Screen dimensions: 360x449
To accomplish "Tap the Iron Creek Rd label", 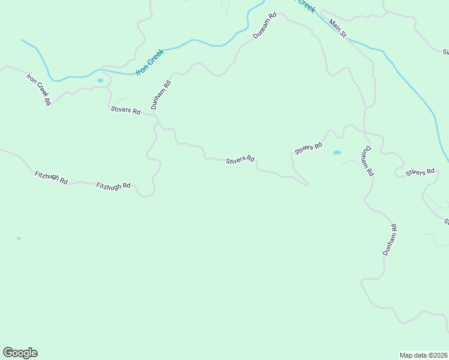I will (x=38, y=89).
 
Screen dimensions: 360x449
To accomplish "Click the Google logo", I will (x=20, y=353).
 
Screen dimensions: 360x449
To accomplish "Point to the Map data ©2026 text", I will (x=423, y=355).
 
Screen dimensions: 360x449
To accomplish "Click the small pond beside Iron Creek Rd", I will (x=100, y=80).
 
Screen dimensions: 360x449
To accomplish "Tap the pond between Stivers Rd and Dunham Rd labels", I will (x=337, y=152).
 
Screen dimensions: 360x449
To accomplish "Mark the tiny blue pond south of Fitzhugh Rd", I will (x=19, y=238).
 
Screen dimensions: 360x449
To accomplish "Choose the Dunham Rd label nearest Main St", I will (x=264, y=26).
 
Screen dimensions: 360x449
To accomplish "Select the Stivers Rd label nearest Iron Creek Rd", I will (x=125, y=111).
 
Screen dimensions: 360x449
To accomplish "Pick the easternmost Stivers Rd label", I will (x=420, y=173).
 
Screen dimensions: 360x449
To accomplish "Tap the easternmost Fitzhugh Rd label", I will (x=113, y=186).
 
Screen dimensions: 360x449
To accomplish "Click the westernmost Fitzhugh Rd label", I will (x=51, y=178).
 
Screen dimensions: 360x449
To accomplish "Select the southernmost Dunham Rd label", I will (x=391, y=240).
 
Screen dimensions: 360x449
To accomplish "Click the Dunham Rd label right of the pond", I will (x=367, y=160).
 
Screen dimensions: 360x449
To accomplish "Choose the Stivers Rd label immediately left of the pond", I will (x=309, y=147).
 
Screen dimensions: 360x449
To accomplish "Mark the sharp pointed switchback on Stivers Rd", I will (x=307, y=184).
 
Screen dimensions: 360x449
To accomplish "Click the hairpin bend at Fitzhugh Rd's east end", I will (x=150, y=193).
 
